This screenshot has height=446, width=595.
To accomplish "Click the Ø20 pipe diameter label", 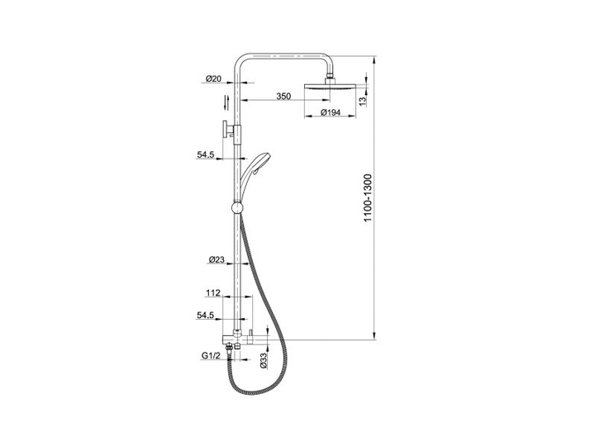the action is pyautogui.click(x=214, y=78).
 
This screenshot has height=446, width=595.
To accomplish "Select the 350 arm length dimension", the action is pyautogui.click(x=283, y=97).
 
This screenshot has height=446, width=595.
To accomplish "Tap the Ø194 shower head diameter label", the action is pyautogui.click(x=330, y=112).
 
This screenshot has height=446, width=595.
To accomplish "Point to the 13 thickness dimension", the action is pyautogui.click(x=363, y=101).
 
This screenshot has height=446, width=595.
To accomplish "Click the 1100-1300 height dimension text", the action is pyautogui.click(x=368, y=198).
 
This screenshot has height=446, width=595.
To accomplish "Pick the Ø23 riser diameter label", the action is pyautogui.click(x=217, y=260).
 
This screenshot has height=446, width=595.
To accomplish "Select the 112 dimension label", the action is pyautogui.click(x=213, y=292).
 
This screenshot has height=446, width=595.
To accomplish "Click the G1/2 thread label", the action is pyautogui.click(x=211, y=356).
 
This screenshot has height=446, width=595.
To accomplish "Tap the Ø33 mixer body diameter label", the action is pyautogui.click(x=264, y=360).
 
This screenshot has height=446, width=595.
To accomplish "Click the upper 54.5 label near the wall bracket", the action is pyautogui.click(x=206, y=154).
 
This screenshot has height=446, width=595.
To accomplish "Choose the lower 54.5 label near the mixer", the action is pyautogui.click(x=206, y=315).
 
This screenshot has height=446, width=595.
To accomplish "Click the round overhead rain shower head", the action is pyautogui.click(x=330, y=87).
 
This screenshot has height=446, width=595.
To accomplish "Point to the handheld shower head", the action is pyautogui.click(x=252, y=174).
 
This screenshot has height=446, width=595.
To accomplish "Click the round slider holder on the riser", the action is pyautogui.click(x=237, y=208).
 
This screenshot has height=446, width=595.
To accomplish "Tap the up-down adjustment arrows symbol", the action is pyautogui.click(x=226, y=102).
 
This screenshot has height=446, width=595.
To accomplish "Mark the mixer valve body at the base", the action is pyautogui.click(x=245, y=339).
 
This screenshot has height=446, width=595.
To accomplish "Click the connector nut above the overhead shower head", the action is pyautogui.click(x=330, y=80).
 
